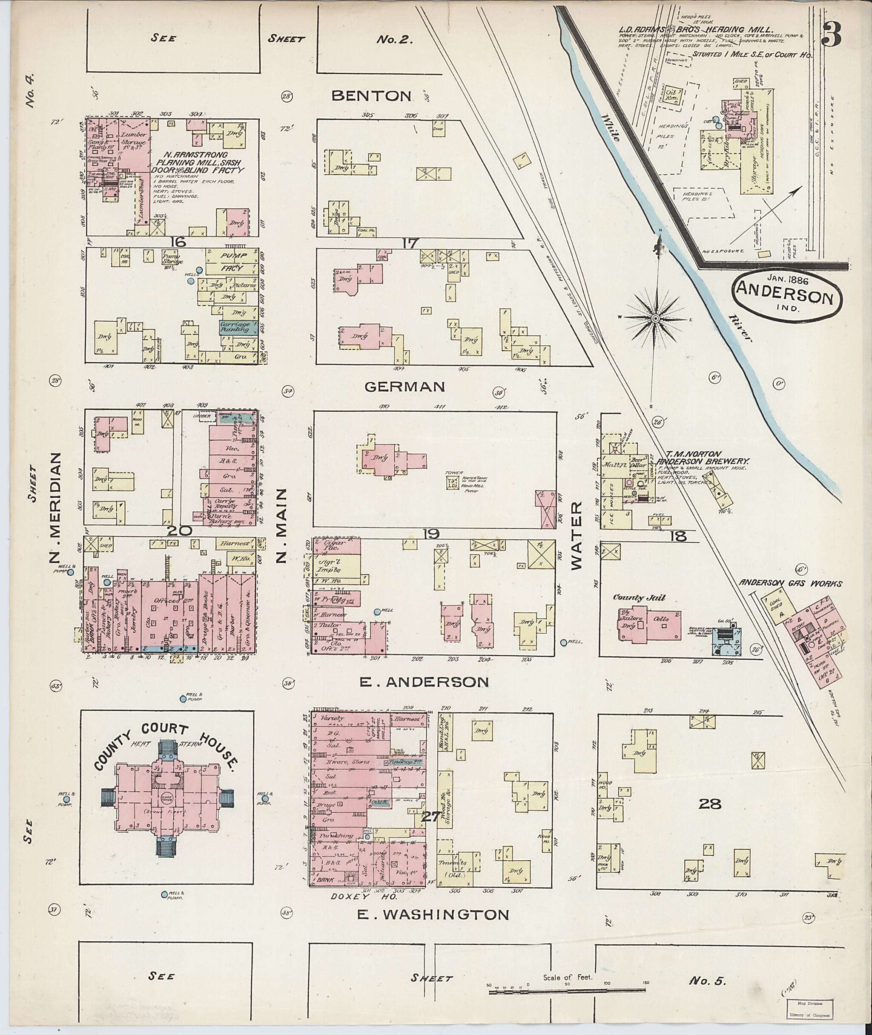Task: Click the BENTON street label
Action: click(x=371, y=95)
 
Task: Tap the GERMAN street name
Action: click(x=405, y=386)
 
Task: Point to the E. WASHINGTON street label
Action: click(x=433, y=914)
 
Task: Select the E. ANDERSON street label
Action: click(x=423, y=682)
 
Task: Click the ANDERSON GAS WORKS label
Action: click(x=790, y=584)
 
